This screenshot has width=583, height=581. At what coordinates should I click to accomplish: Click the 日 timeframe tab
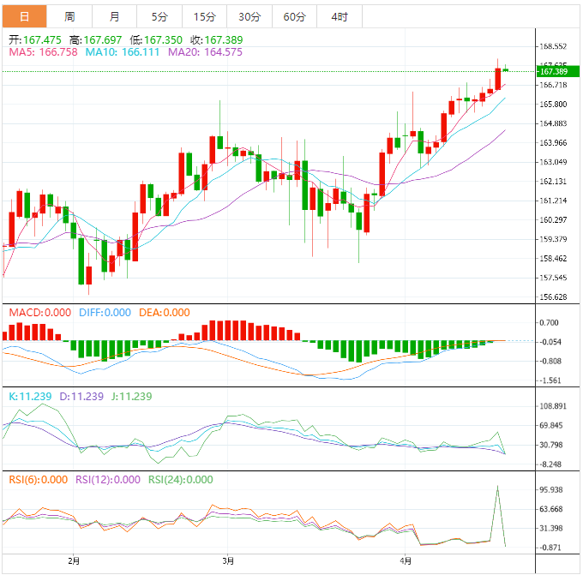pos(23,16)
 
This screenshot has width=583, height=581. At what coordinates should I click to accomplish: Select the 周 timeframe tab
pos(69,16)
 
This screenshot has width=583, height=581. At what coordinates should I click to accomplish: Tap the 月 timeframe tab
pos(115,16)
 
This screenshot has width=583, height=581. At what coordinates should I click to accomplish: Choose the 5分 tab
pos(159,16)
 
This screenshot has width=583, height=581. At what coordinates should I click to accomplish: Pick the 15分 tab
pos(204,16)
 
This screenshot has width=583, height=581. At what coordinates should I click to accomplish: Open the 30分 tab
pos(249,16)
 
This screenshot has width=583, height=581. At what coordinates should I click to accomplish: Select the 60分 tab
pos(294,16)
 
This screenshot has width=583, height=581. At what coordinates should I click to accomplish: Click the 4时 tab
pos(339,16)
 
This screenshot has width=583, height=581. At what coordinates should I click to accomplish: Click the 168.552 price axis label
pos(553,46)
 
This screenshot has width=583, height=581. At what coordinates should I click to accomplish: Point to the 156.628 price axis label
pos(553,297)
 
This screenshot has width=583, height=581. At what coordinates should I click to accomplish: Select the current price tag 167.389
pos(553,71)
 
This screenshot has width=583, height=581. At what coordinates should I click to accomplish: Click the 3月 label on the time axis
pos(227,561)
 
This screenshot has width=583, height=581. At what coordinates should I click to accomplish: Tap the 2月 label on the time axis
pos(74,561)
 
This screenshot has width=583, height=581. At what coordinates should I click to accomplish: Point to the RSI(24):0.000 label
pos(180,480)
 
